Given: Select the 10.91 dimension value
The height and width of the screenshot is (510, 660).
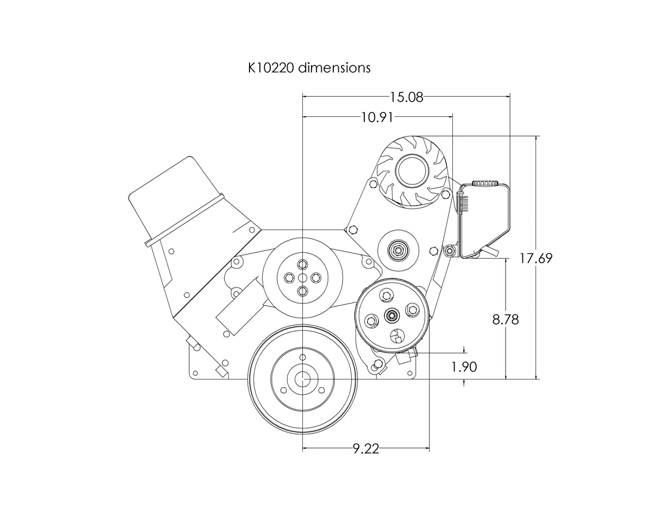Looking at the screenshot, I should click(x=377, y=117).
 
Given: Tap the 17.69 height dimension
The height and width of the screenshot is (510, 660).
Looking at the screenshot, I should click(x=536, y=258).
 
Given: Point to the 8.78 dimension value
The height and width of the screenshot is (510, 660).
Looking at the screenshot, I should click(x=506, y=320).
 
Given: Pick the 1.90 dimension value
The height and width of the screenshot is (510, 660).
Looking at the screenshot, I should click(x=464, y=367).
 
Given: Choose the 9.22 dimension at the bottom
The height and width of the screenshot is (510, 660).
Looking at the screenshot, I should click(x=365, y=449).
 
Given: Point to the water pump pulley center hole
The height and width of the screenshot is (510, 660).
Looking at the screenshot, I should click(x=303, y=277).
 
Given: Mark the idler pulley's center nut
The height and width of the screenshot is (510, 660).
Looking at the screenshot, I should click(x=399, y=251).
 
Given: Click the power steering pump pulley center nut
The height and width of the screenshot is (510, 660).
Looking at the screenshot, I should click(x=391, y=315).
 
